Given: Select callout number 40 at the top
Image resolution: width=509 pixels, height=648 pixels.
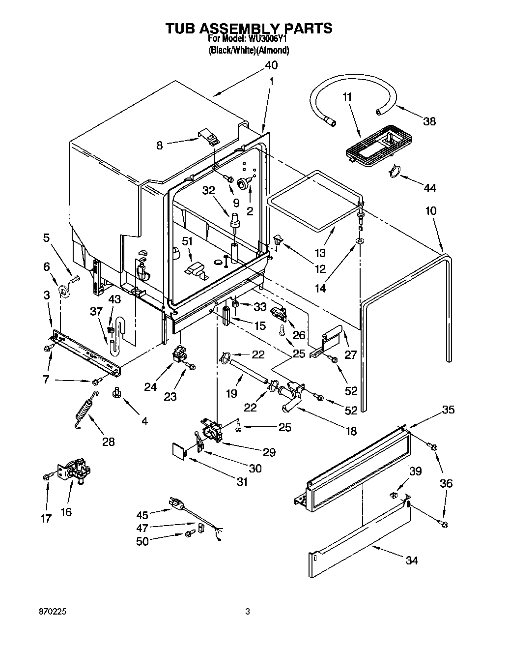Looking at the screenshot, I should click(x=271, y=65).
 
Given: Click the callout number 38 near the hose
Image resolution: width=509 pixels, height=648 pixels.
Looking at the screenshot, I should click(x=429, y=121).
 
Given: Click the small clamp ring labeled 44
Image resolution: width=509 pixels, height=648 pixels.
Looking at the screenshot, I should click(x=394, y=172).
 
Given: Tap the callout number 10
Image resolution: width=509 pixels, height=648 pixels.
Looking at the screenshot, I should click(x=430, y=210).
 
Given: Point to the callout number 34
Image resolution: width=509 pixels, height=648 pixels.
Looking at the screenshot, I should click(x=411, y=560).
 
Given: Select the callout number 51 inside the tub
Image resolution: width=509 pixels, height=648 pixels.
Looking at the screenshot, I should click(x=187, y=241).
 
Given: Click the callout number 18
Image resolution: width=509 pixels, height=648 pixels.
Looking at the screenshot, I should click(x=351, y=431).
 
